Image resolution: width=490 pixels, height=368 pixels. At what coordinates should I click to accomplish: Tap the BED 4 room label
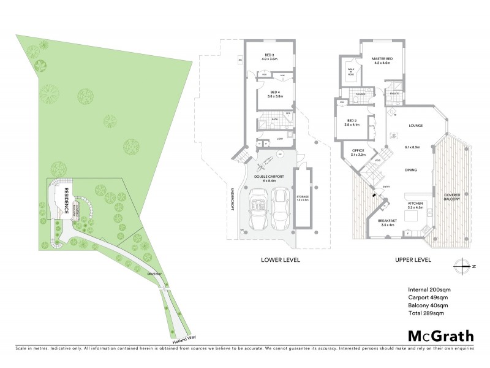pyautogui.click(x=274, y=94)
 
